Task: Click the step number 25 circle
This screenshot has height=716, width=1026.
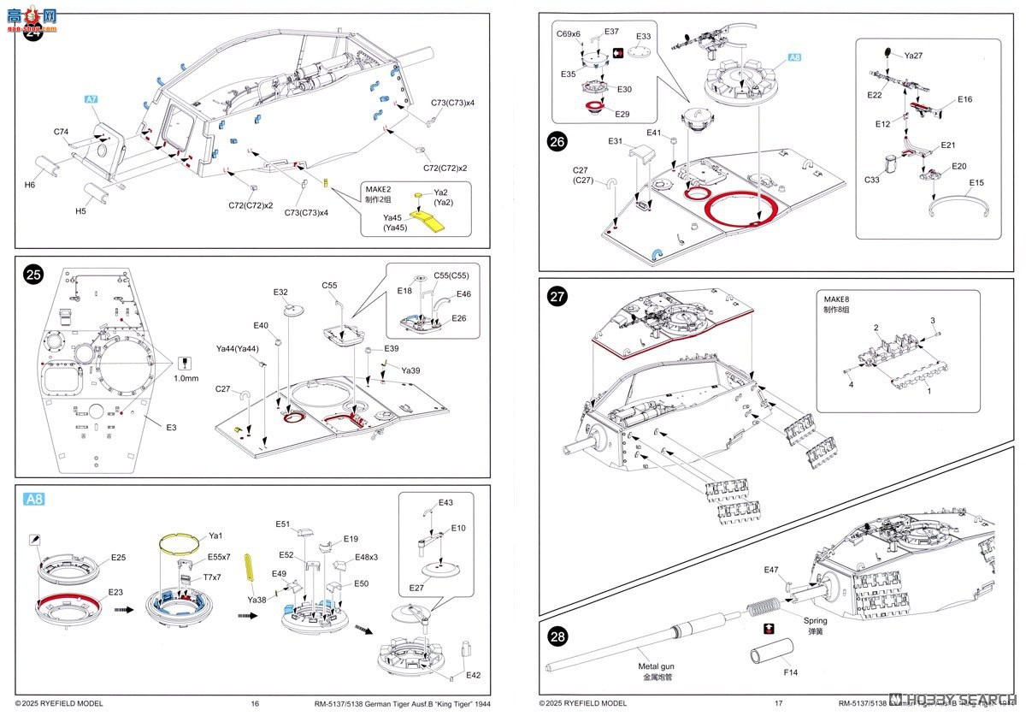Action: pos(33,275)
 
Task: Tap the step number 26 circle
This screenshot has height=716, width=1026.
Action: pos(557,143)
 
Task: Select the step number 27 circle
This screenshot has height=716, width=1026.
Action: pos(557,298)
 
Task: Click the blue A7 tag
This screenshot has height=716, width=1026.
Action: pos(92,100)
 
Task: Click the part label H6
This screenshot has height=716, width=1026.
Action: pos(30,185)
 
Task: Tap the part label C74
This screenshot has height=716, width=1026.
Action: pos(61,132)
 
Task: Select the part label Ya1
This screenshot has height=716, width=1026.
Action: pos(215,536)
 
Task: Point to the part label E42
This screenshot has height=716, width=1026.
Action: pos(473,675)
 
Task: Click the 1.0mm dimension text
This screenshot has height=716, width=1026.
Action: pos(186,378)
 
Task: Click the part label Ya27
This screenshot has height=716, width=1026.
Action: pos(912,56)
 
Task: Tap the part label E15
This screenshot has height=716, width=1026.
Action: pos(977,182)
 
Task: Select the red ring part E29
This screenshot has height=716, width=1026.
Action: pos(595,107)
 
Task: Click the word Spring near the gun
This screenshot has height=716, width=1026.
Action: pos(815,619)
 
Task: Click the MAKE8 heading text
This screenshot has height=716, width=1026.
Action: pos(838,299)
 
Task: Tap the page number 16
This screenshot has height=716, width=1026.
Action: pos(255,703)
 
